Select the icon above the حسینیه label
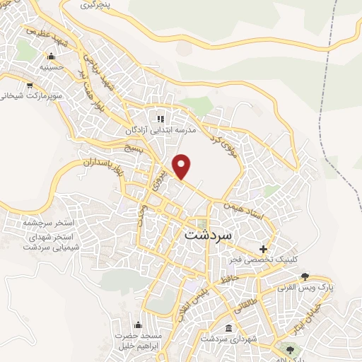51,57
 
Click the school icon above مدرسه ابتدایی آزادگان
160,119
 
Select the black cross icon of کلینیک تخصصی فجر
263,249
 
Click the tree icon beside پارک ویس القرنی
305,276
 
